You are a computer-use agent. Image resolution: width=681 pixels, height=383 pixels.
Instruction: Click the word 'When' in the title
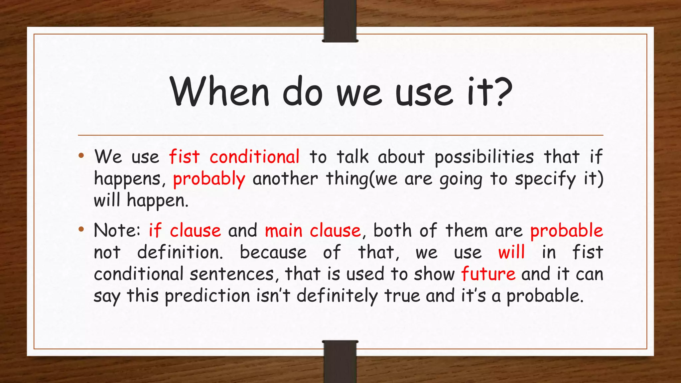tap(219, 91)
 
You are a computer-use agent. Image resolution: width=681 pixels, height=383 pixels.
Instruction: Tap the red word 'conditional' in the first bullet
tap(254, 157)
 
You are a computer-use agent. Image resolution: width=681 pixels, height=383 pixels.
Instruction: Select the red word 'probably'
tap(209, 179)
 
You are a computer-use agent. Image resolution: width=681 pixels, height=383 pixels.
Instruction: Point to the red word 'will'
tap(511, 252)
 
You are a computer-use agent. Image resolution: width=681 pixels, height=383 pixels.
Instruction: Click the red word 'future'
tap(488, 274)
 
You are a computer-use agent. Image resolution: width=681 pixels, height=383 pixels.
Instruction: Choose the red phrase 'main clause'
tap(313, 230)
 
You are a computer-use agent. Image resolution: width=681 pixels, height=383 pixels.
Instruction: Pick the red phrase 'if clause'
tap(185, 230)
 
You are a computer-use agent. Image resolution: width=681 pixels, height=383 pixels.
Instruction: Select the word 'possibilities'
tap(484, 157)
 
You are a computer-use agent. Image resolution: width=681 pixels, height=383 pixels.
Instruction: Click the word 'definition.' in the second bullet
tap(180, 252)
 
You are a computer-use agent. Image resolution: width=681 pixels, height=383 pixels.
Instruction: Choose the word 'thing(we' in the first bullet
tap(361, 179)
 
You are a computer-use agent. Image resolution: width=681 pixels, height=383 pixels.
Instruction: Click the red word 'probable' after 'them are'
tap(566, 230)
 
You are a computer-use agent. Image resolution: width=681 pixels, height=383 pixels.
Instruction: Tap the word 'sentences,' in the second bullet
tap(232, 274)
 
